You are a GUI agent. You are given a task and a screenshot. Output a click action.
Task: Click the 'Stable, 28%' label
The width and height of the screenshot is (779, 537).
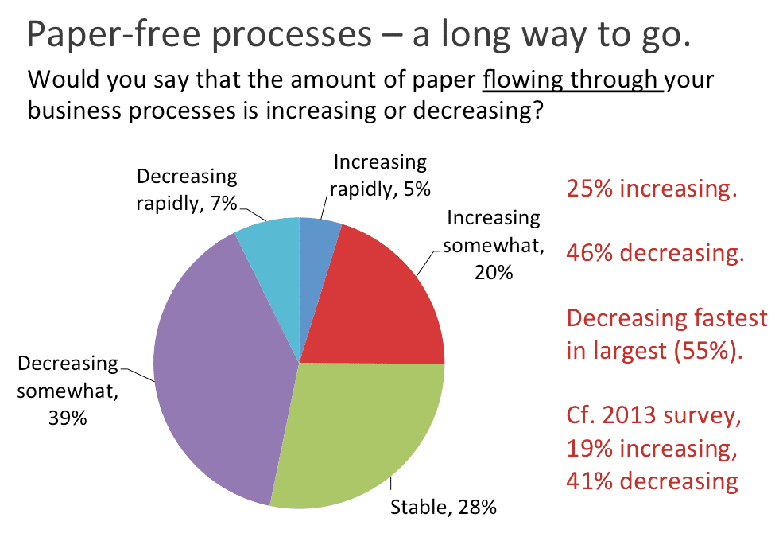443,506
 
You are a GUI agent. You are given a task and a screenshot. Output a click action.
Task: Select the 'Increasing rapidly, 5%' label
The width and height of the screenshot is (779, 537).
380,175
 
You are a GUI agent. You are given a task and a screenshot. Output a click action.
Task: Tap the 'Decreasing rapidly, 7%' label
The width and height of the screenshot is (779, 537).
187,189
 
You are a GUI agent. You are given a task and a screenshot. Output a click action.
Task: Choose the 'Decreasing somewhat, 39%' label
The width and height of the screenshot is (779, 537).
68,391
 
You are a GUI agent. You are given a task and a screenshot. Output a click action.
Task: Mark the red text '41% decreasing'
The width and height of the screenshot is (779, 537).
652,481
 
